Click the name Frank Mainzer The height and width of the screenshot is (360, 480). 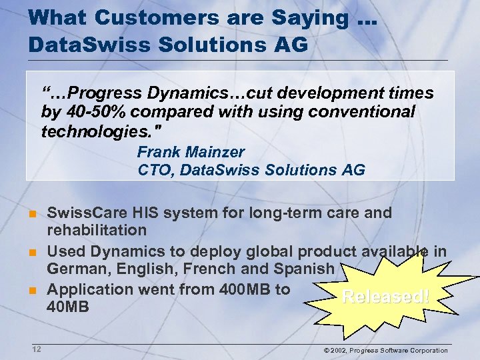[191, 152]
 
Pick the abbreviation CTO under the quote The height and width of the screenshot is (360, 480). [151, 170]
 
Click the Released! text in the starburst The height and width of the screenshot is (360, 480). [385, 297]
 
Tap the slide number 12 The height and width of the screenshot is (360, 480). [36, 349]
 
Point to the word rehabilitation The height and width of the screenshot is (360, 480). [96, 231]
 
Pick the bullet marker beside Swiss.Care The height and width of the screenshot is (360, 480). [31, 214]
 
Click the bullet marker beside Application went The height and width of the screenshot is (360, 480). [31, 291]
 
